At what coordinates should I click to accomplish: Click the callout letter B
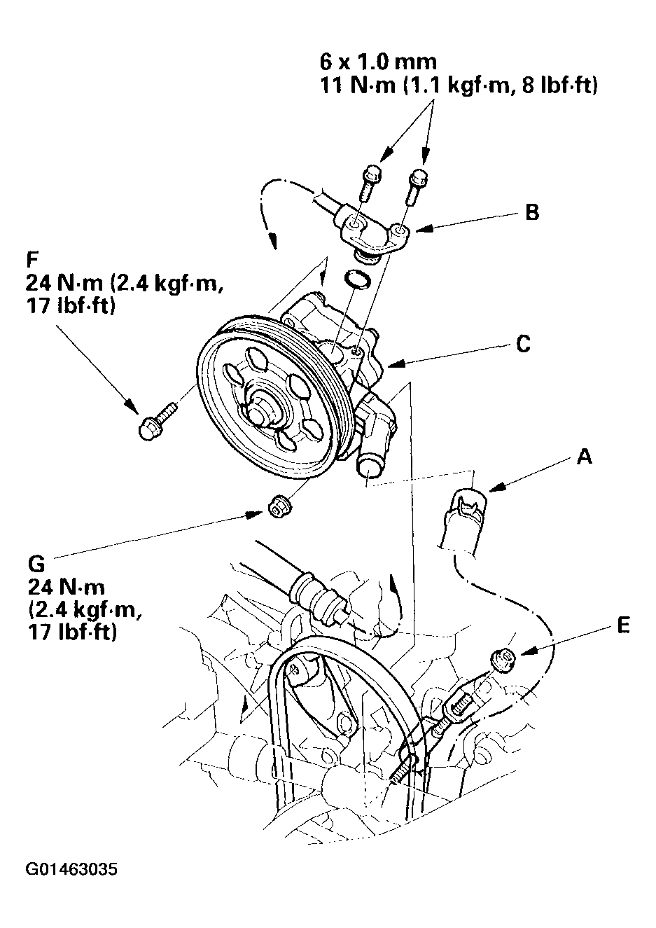point(532,212)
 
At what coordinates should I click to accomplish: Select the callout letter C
point(523,345)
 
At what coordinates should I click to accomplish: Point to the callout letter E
point(622,625)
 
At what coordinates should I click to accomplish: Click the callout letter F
point(32,259)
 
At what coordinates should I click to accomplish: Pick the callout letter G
point(36,564)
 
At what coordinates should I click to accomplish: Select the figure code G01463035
point(71,870)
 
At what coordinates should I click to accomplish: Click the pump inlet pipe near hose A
point(370,466)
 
